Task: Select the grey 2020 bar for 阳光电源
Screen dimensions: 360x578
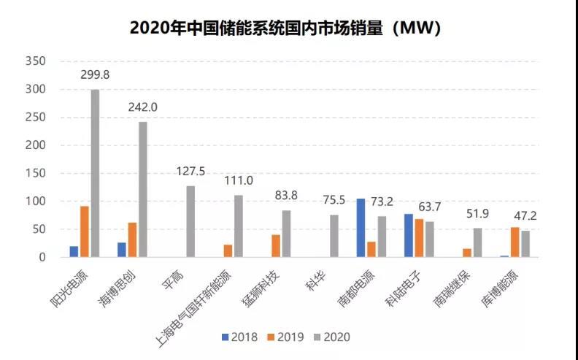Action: click(95, 173)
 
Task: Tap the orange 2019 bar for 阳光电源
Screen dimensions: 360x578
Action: click(85, 231)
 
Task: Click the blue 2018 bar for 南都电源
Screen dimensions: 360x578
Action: click(361, 228)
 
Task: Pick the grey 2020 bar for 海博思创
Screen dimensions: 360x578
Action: click(143, 189)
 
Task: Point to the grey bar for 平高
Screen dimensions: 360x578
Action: click(191, 221)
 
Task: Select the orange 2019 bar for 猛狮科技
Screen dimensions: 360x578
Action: click(276, 246)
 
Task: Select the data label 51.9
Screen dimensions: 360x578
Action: click(479, 213)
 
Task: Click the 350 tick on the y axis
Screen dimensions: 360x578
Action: click(36, 61)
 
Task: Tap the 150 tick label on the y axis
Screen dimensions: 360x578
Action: click(36, 173)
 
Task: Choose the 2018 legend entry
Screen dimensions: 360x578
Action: click(241, 337)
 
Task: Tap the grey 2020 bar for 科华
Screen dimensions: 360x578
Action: click(334, 236)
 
